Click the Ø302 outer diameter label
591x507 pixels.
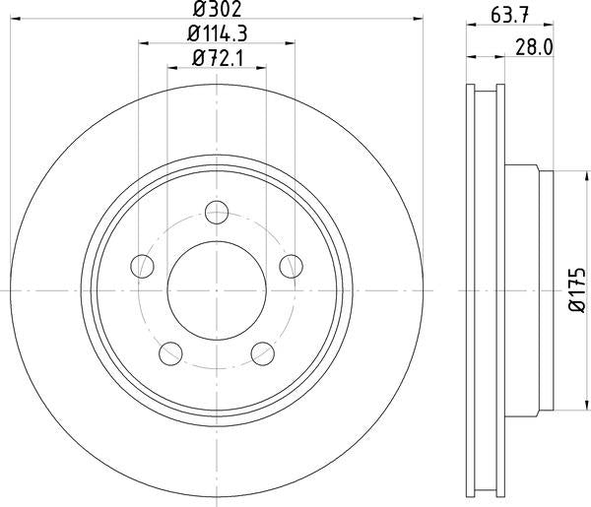pyautogui.click(x=217, y=12)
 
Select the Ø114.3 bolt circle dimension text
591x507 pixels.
pyautogui.click(x=217, y=34)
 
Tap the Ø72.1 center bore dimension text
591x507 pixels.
pyautogui.click(x=217, y=57)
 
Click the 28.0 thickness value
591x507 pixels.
pyautogui.click(x=531, y=45)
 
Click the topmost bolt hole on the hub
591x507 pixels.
pyautogui.click(x=217, y=213)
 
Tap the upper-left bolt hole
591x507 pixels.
pyautogui.click(x=144, y=265)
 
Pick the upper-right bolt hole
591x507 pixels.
pyautogui.click(x=291, y=265)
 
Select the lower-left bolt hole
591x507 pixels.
pyautogui.click(x=171, y=352)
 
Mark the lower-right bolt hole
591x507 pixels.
pyautogui.click(x=262, y=352)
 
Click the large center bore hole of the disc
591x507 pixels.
pyautogui.click(x=217, y=290)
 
